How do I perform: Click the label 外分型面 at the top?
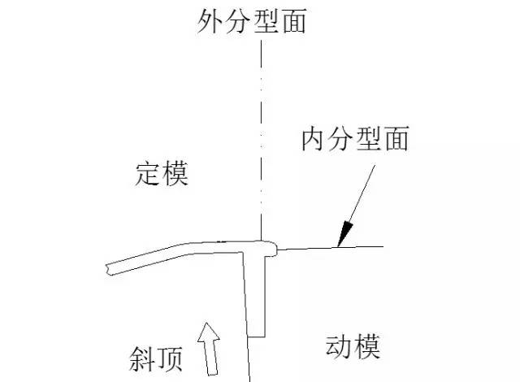point(252,22)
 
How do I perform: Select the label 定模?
point(162,173)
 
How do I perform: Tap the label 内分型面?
point(354,141)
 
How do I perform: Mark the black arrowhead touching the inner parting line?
point(344,236)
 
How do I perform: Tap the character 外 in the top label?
point(210,22)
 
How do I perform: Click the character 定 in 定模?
point(148,173)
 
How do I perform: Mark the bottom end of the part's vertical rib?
point(257,336)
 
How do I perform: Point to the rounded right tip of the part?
point(279,247)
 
